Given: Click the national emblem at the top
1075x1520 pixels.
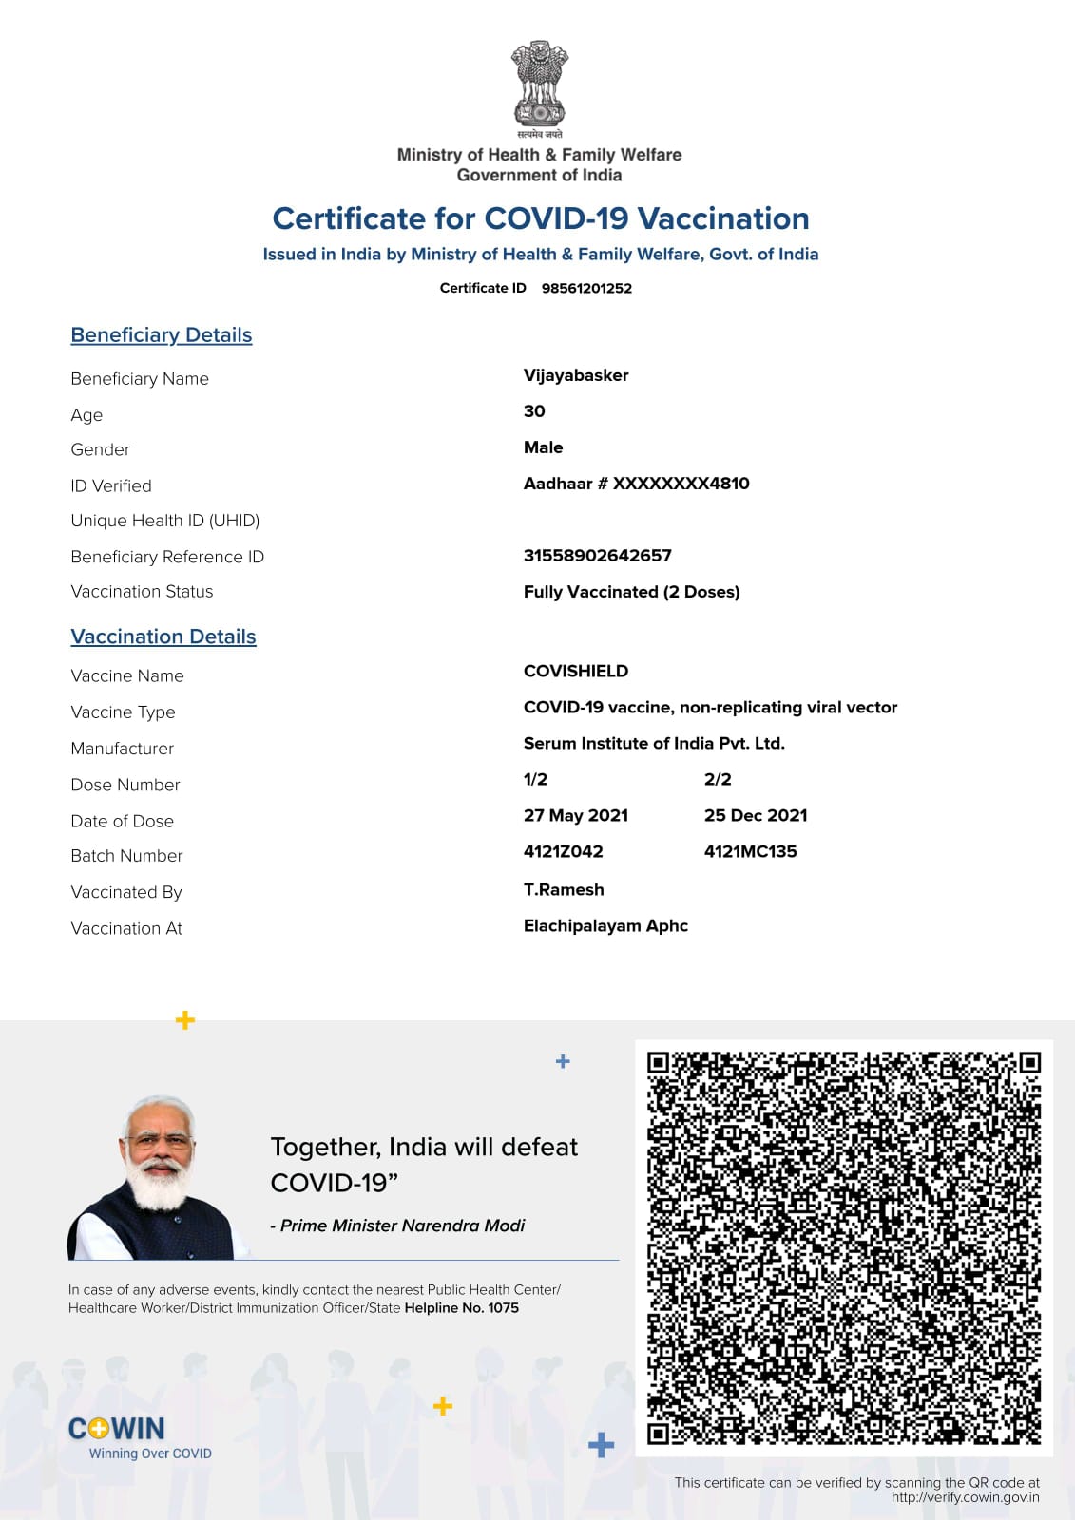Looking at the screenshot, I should coord(539,85).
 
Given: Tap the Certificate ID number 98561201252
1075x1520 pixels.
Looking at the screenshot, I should coord(586,288).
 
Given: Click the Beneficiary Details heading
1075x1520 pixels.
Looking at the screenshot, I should coord(162,335).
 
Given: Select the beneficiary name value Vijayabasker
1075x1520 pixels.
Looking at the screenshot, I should coord(576,375).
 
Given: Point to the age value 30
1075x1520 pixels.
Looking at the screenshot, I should coord(534,411).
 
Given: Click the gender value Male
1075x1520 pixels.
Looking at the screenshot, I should coord(543,447).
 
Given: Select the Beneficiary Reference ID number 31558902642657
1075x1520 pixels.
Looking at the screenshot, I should coord(597,556).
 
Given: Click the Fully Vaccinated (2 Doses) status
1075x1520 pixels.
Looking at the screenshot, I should coord(631,592).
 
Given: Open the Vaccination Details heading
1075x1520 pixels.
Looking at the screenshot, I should coord(163,636).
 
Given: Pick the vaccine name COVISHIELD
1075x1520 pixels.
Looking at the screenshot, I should coord(575,671).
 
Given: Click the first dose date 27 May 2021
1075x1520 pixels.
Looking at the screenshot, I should coord(575,815).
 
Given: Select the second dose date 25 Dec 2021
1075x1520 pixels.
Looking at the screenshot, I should coord(756,815).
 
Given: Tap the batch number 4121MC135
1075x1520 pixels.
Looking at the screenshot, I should coord(750,851).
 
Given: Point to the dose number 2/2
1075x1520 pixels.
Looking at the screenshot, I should coord(718,779).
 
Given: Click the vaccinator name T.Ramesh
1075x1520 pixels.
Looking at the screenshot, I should coord(564,889).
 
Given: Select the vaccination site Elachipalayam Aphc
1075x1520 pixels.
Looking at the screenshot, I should coord(605,925).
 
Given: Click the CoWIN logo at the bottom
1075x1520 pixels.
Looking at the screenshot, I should coord(117,1429).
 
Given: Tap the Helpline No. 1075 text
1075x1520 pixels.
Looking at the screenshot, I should coord(461,1308).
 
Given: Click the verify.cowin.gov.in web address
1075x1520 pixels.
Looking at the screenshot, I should coord(965,1497).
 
